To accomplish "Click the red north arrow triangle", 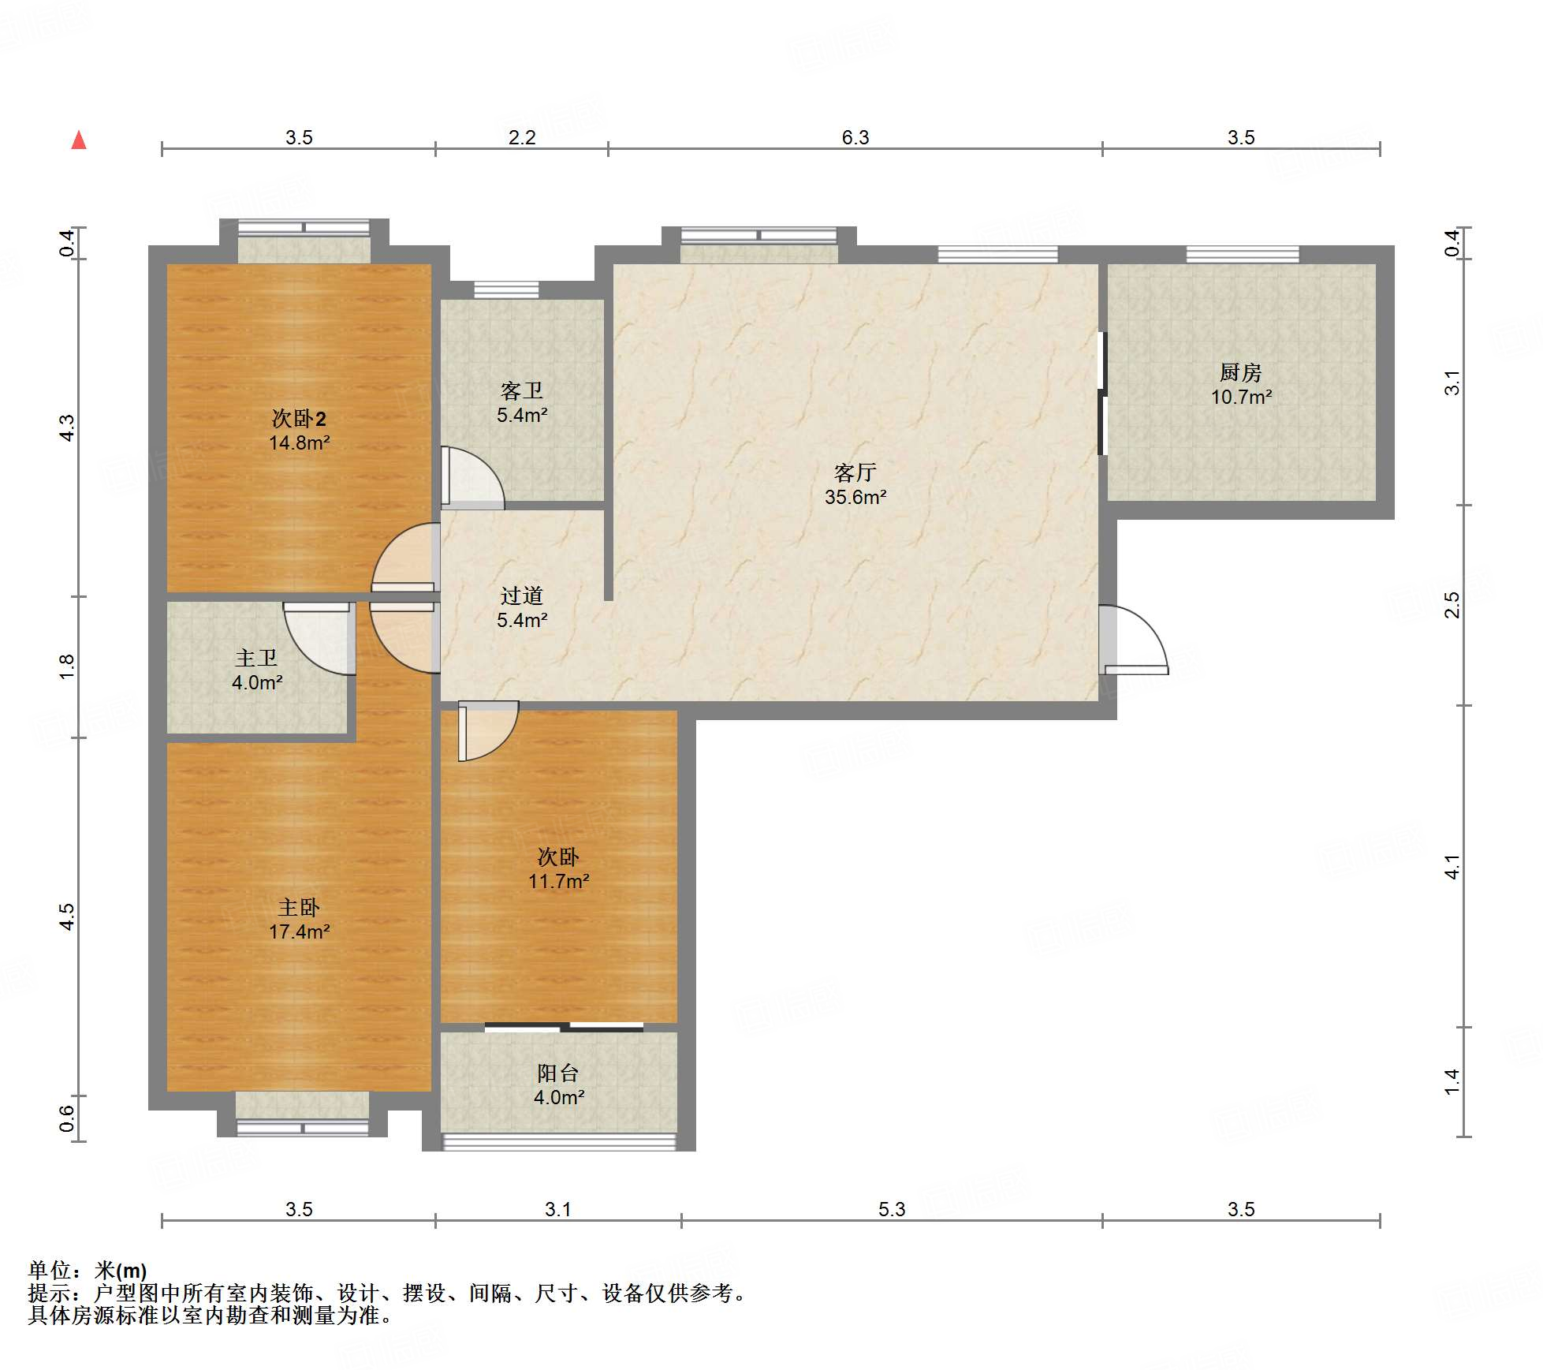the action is click(x=79, y=140).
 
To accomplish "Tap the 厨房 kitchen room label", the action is click(x=1240, y=372).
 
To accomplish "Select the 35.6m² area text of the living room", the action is click(x=855, y=498).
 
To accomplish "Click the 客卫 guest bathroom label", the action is click(x=521, y=391).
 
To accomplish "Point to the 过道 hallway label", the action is click(x=521, y=595).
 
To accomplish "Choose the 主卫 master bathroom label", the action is click(x=256, y=658).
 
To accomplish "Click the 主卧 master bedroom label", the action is click(x=299, y=907).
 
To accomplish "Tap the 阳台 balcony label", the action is click(x=558, y=1073).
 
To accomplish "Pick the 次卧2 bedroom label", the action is click(x=299, y=418).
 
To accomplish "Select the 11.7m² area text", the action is click(x=559, y=882).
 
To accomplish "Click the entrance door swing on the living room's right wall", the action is click(x=1134, y=640).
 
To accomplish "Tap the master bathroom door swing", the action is click(x=319, y=639).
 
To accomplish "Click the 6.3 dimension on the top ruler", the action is click(x=855, y=137).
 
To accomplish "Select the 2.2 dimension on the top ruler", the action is click(x=522, y=137).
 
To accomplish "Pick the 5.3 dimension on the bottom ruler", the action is click(x=892, y=1209).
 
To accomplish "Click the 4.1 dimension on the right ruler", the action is click(x=1452, y=867).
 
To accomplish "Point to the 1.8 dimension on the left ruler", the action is click(x=67, y=666).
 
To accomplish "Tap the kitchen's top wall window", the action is click(x=1243, y=254).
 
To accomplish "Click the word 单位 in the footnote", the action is click(x=50, y=1271).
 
